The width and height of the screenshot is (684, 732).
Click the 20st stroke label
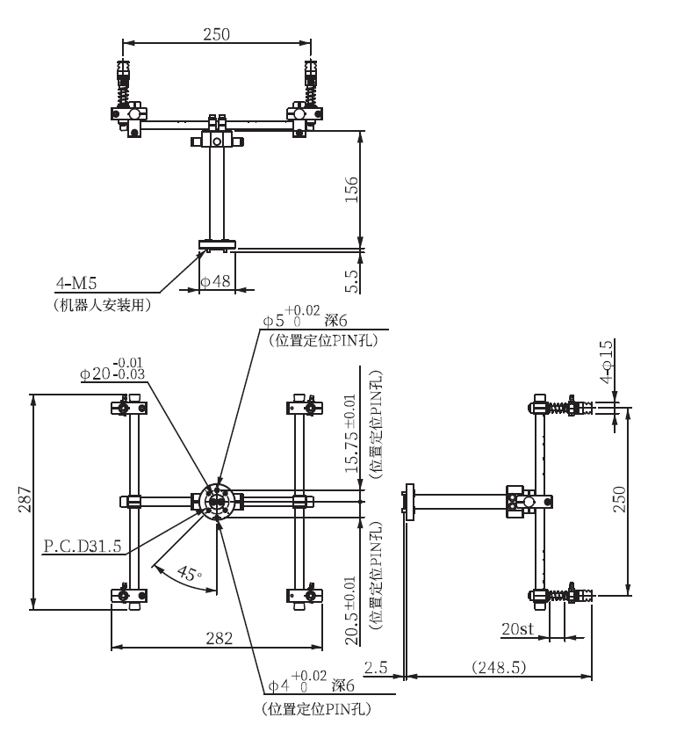pyautogui.click(x=516, y=630)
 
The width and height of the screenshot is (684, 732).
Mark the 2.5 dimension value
pyautogui.click(x=376, y=668)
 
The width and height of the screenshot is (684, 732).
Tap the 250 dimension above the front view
pyautogui.click(x=216, y=34)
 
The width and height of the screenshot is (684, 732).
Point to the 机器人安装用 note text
pyautogui.click(x=103, y=305)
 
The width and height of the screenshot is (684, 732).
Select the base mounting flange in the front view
pyautogui.click(x=216, y=244)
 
